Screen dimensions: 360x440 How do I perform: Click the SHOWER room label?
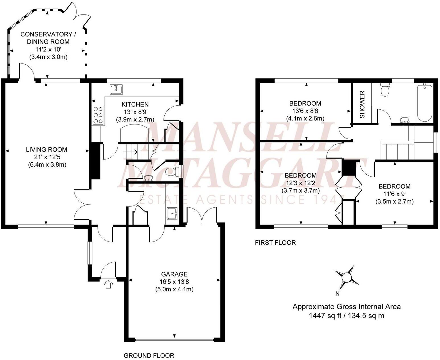(x=362, y=105)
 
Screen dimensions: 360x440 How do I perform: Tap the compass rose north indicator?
(x=346, y=277)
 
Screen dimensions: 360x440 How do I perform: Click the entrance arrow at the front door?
(x=108, y=284)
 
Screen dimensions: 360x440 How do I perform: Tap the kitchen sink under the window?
(x=116, y=89)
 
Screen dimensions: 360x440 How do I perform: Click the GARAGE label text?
(x=174, y=274)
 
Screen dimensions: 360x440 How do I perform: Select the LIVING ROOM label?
(x=47, y=149)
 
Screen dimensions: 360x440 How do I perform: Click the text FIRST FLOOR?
(x=275, y=243)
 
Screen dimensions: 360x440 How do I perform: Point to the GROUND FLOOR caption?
(x=149, y=355)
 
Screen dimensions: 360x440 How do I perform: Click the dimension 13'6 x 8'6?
(x=305, y=111)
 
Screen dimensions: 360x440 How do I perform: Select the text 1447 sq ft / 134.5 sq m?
(x=346, y=316)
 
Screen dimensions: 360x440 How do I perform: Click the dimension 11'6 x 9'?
(x=394, y=194)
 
